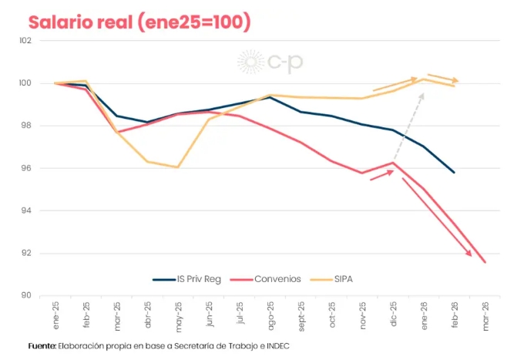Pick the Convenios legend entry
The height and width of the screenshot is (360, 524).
pyautogui.click(x=266, y=279)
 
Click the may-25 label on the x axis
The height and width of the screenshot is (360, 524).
pyautogui.click(x=178, y=315)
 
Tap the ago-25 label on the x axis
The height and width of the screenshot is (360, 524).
pyautogui.click(x=270, y=315)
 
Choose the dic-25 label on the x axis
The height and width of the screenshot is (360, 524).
pyautogui.click(x=393, y=315)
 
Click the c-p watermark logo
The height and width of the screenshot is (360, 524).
pyautogui.click(x=270, y=62)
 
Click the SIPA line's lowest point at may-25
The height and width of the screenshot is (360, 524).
pyautogui.click(x=178, y=167)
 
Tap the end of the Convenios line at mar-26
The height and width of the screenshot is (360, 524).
pyautogui.click(x=485, y=262)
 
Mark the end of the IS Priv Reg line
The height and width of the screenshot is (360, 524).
pyautogui.click(x=454, y=173)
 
